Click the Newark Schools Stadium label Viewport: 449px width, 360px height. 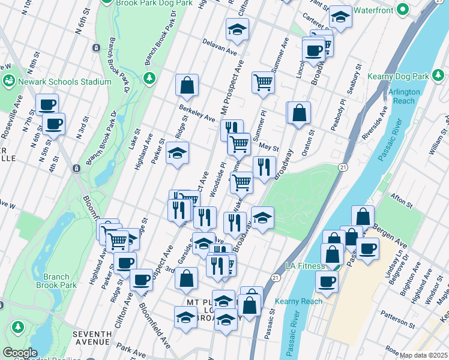(x=64, y=82)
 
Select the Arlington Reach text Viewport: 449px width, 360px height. (x=402, y=96)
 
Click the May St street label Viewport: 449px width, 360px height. (x=269, y=146)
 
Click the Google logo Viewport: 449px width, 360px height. (x=20, y=353)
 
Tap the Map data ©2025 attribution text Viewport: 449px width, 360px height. (x=423, y=355)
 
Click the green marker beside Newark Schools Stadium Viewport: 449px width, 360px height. (x=8, y=81)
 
